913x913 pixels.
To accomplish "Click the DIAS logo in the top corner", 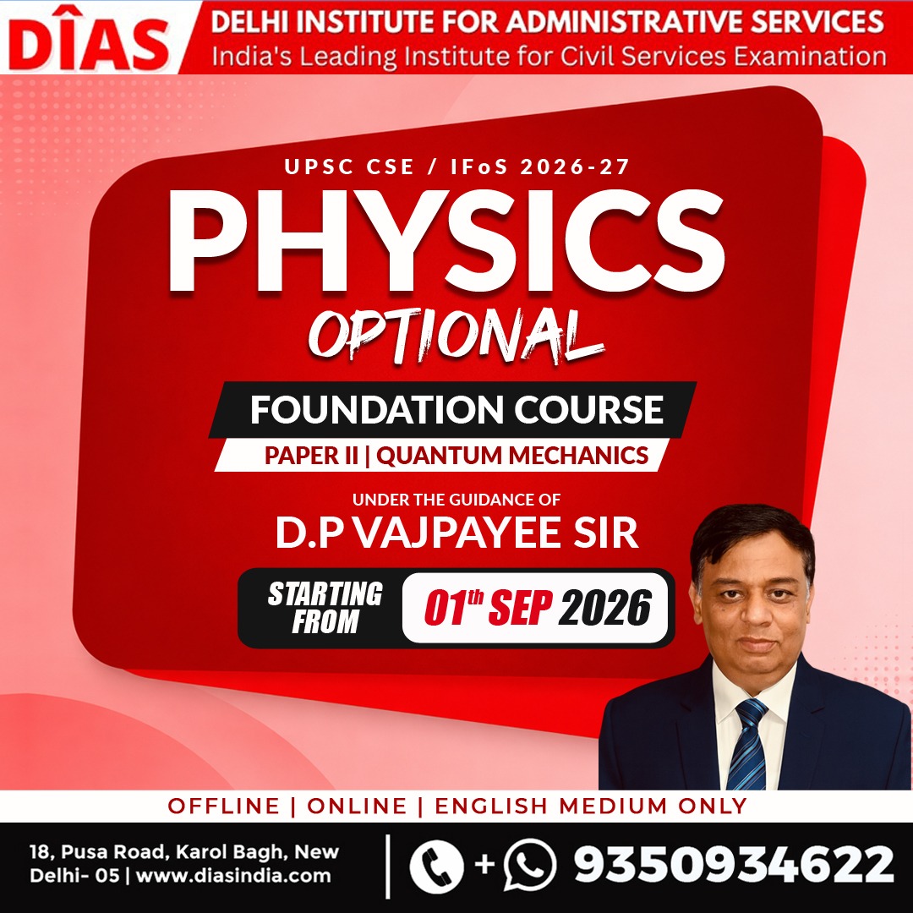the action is coord(89,41).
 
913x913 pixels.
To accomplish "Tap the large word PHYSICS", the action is coord(446,241).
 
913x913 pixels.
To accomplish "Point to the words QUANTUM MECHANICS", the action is coord(512,456).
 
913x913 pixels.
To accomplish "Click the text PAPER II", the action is coord(311,456).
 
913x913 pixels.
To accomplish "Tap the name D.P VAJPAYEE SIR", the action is coord(457,533).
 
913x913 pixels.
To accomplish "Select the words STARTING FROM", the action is coord(325,607).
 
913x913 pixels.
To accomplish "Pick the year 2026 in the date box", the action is coord(605,608).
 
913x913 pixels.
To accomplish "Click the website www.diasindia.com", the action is coord(233,876).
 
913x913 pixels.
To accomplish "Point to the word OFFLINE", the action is coord(223,806).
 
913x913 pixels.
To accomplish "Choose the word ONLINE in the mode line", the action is coord(357,806).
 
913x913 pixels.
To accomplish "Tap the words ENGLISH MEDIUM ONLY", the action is coord(591,806).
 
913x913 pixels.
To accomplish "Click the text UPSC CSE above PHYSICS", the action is coord(349,167).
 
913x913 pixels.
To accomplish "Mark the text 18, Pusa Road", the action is coord(100,852).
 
